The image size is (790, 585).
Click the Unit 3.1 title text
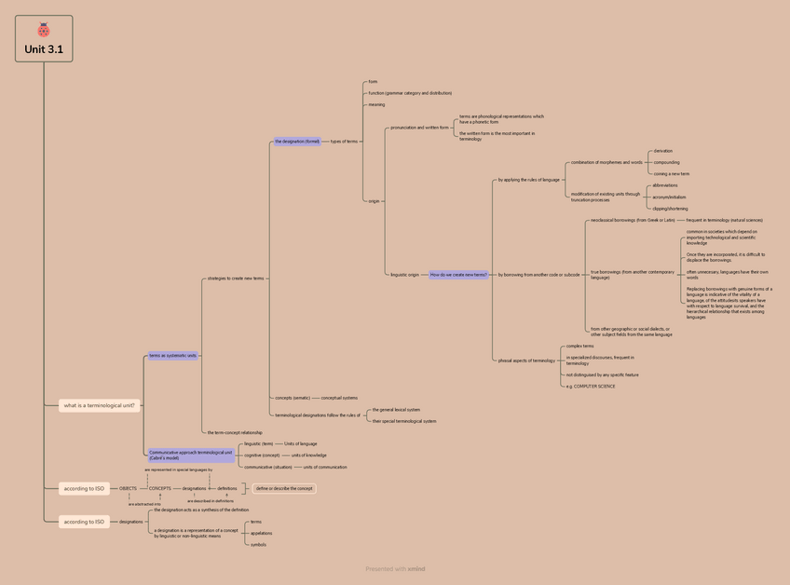(x=44, y=49)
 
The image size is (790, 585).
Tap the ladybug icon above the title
(x=44, y=30)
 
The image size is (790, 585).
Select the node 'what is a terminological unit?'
(x=100, y=405)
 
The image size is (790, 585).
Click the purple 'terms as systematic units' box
(x=173, y=355)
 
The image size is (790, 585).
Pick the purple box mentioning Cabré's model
(x=191, y=456)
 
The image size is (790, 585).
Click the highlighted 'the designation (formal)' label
(x=297, y=142)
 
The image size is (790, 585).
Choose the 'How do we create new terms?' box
(x=458, y=275)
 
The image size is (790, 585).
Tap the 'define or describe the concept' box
(x=285, y=488)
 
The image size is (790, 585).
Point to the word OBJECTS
(x=128, y=488)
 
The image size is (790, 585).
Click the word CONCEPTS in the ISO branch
(x=160, y=488)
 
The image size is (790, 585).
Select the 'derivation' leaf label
(x=662, y=151)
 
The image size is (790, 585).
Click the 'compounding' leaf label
(x=666, y=162)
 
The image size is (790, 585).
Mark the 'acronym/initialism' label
(x=669, y=197)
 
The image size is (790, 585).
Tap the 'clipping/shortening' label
(x=670, y=209)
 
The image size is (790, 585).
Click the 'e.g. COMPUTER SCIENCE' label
(x=591, y=386)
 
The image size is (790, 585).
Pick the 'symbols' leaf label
(x=258, y=545)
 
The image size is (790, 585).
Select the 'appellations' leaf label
(x=261, y=534)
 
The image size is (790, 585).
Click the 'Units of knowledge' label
(x=309, y=456)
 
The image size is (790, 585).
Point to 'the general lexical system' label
(x=396, y=410)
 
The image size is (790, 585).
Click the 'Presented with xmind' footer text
(x=395, y=568)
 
